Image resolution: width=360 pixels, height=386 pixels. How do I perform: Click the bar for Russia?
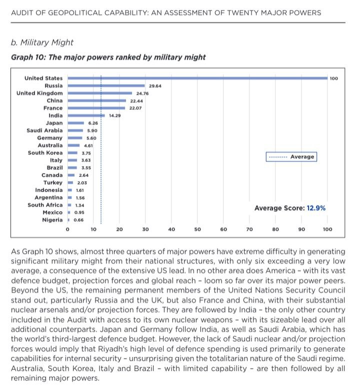point(106,86)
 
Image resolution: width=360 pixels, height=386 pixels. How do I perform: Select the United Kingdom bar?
point(100,93)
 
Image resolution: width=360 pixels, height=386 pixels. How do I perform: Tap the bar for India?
point(86,116)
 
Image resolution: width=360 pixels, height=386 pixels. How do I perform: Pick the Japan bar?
point(76,123)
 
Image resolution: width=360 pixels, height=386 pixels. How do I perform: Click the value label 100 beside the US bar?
point(333,79)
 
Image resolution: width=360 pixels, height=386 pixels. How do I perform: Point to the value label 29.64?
point(155,86)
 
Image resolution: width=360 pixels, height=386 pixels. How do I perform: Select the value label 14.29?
point(115,116)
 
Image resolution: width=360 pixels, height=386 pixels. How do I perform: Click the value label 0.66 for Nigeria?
point(78,220)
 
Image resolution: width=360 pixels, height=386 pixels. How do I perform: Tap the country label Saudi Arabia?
point(44,131)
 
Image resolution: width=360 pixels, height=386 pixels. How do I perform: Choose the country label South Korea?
point(45,153)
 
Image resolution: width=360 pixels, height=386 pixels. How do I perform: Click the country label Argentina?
point(48,198)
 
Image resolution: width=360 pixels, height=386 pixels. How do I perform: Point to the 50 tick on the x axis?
point(197,229)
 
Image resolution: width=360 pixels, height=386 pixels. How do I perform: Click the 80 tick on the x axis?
point(275,229)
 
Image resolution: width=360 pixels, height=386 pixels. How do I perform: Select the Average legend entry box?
point(291,157)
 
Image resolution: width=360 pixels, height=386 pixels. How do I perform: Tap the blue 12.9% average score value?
point(316,208)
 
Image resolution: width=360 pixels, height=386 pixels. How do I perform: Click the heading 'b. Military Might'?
point(42,43)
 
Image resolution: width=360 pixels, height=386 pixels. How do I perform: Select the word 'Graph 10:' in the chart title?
point(28,57)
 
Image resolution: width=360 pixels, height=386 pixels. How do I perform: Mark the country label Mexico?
point(52,213)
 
